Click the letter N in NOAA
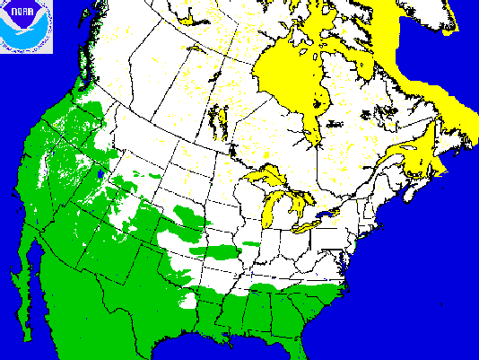(x=8, y=11)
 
